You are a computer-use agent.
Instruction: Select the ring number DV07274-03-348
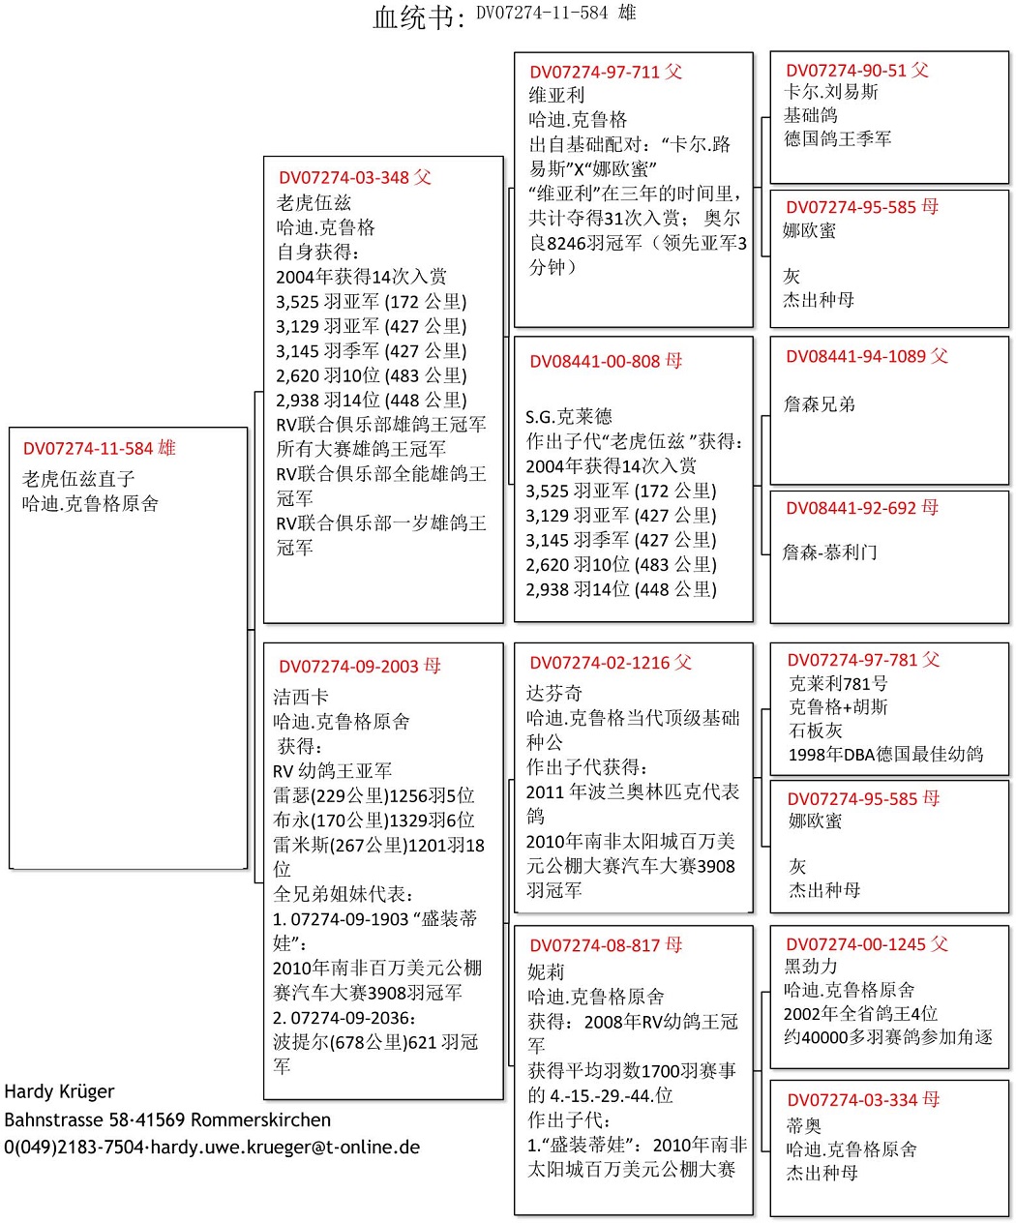click(344, 178)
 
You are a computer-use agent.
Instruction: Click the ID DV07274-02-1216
click(599, 664)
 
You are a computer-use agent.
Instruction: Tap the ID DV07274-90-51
click(846, 71)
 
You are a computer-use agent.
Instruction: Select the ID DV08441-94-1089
click(855, 357)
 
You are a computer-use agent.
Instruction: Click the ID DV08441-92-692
click(851, 508)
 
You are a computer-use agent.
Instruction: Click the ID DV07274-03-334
click(852, 1100)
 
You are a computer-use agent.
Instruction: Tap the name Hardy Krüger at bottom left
click(59, 1092)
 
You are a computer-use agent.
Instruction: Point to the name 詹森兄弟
click(820, 404)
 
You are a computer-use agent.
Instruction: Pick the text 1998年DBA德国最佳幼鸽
click(885, 755)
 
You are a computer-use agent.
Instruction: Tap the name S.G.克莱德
click(569, 417)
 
